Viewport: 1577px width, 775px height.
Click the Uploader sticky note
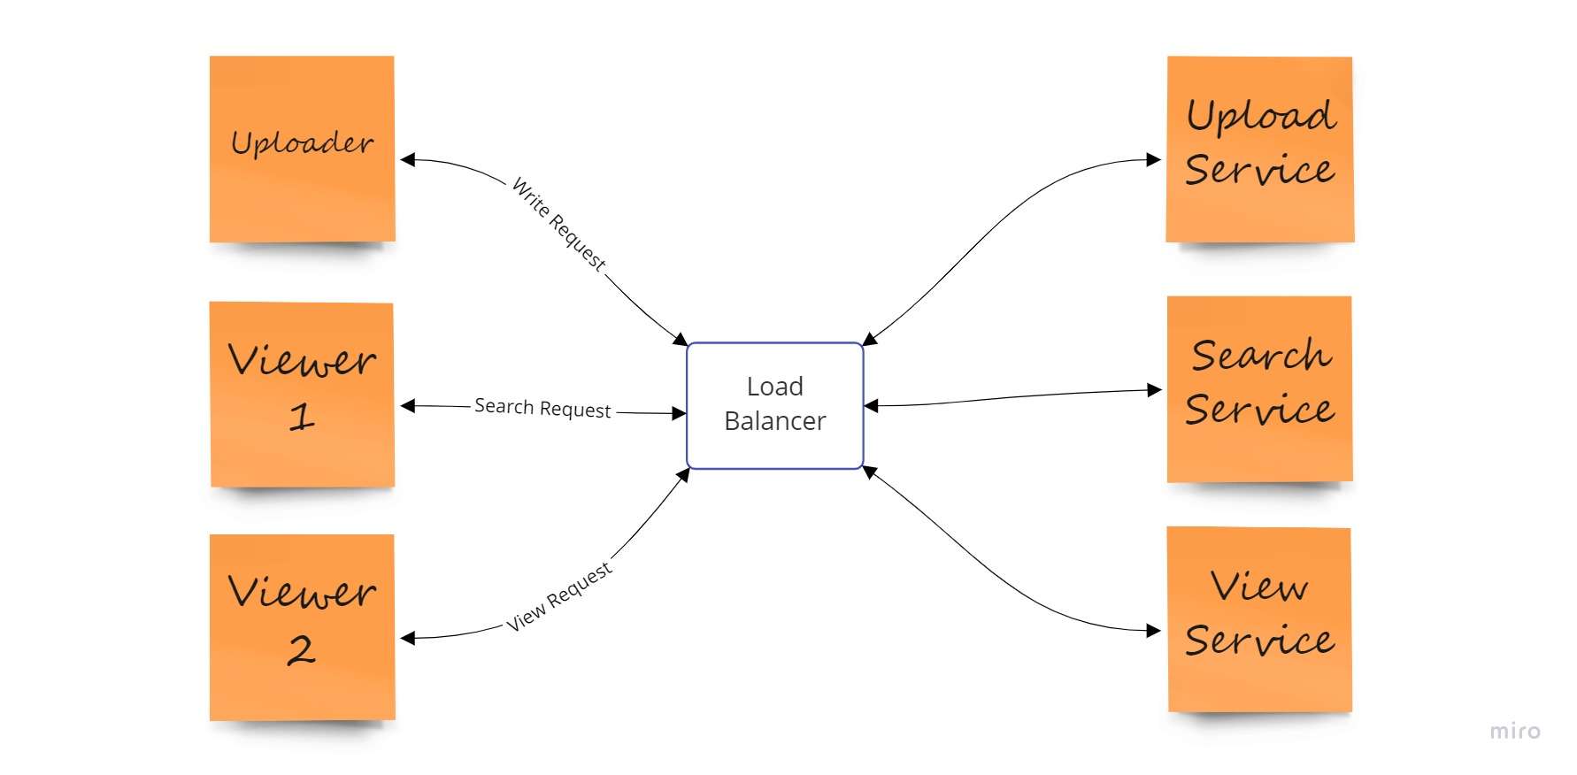coord(302,149)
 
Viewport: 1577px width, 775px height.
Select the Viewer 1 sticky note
coord(302,395)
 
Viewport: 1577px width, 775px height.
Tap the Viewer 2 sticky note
coord(302,626)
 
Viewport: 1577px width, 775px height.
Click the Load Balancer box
coord(774,404)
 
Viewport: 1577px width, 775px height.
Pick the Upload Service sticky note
coord(1259,149)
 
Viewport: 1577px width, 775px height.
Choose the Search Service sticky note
coord(1259,388)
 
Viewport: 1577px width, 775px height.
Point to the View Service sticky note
coord(1259,619)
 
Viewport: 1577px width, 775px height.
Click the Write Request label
coord(559,224)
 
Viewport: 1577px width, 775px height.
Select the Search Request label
coord(542,408)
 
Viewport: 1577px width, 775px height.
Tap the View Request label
coord(558,597)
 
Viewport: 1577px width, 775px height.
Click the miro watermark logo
coord(1514,731)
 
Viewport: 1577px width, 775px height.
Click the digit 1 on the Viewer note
coord(302,416)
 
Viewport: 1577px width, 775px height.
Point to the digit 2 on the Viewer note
coord(301,650)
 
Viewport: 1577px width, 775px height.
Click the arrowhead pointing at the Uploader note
coord(408,160)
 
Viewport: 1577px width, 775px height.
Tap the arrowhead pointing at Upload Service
coord(1153,160)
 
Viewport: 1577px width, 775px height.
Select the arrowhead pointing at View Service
coord(1153,631)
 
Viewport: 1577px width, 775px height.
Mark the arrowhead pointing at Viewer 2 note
coord(408,637)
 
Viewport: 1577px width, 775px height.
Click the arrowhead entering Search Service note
coord(1154,389)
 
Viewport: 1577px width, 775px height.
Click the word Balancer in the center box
coord(774,421)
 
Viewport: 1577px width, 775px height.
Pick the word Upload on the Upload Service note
coord(1260,117)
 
